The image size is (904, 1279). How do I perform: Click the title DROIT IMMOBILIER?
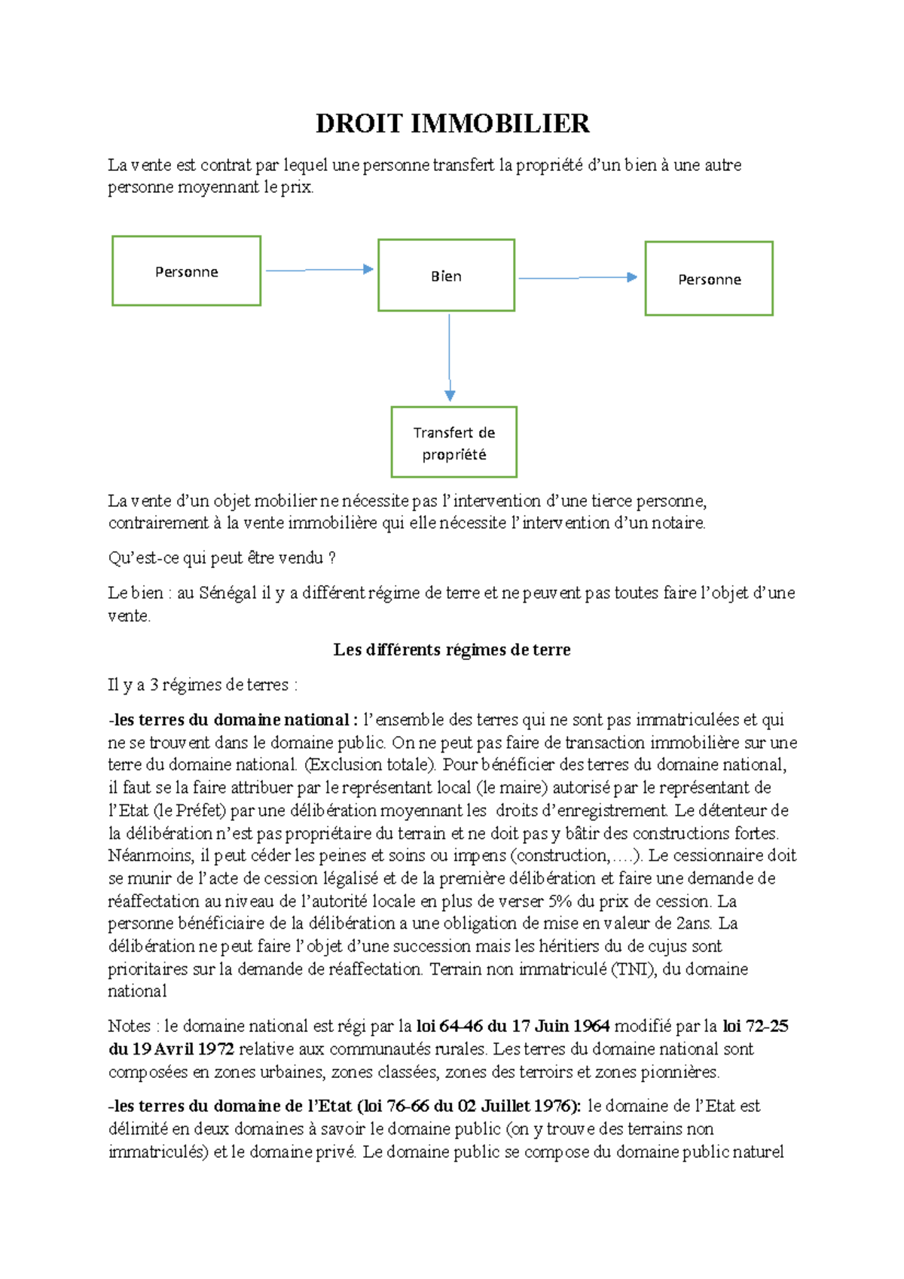point(452,124)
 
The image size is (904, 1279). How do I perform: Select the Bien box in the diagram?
point(446,276)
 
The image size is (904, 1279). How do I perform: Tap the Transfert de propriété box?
point(454,443)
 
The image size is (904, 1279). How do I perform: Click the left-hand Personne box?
point(186,271)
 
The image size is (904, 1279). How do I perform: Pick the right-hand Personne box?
point(709,279)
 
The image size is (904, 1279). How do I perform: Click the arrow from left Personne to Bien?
point(319,270)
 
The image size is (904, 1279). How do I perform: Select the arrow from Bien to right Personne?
point(578,278)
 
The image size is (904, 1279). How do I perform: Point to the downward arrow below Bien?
point(450,357)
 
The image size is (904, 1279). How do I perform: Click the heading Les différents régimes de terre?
point(452,650)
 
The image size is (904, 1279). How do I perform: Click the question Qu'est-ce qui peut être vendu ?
point(221,558)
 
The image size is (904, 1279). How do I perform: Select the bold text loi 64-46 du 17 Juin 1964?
point(513,1026)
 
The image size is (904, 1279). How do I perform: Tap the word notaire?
point(677,523)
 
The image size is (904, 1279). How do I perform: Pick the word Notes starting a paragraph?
point(130,1026)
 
